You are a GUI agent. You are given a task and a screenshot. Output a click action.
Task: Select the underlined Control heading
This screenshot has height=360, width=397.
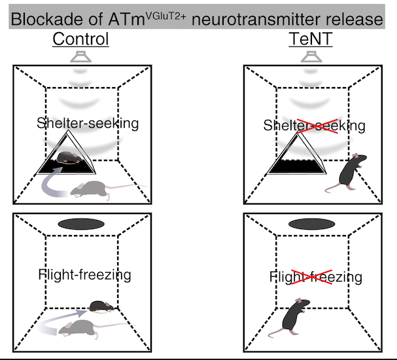[80, 39]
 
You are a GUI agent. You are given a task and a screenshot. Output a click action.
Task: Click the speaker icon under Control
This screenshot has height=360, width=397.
[82, 58]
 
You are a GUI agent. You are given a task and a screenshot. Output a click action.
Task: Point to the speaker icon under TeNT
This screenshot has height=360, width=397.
[307, 58]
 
